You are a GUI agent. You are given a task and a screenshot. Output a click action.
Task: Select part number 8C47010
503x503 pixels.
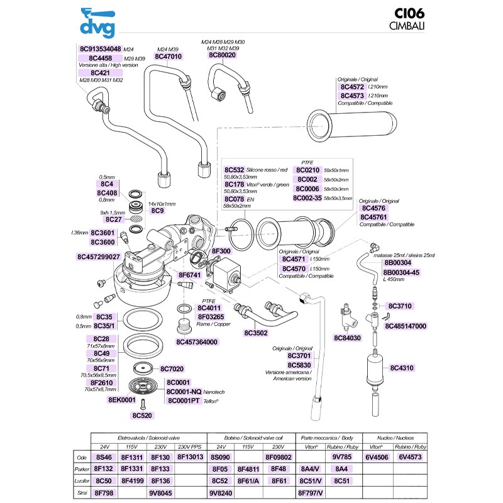168,57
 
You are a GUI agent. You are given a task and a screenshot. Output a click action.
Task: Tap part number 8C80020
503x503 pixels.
222,55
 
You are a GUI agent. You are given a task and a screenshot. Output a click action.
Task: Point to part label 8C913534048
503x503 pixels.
100,49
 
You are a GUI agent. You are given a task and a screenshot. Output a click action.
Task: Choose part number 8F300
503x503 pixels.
222,251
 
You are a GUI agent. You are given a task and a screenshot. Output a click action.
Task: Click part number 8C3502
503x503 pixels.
257,331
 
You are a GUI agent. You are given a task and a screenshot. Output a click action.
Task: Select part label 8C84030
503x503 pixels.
346,338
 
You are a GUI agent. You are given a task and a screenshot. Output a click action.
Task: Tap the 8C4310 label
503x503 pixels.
402,367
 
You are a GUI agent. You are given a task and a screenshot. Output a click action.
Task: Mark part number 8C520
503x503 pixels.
142,416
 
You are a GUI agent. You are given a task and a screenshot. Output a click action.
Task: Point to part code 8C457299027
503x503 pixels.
102,257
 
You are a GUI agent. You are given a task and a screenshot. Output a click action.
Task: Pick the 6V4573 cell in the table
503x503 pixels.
411,457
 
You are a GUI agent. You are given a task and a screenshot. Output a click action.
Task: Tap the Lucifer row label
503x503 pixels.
80,481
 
